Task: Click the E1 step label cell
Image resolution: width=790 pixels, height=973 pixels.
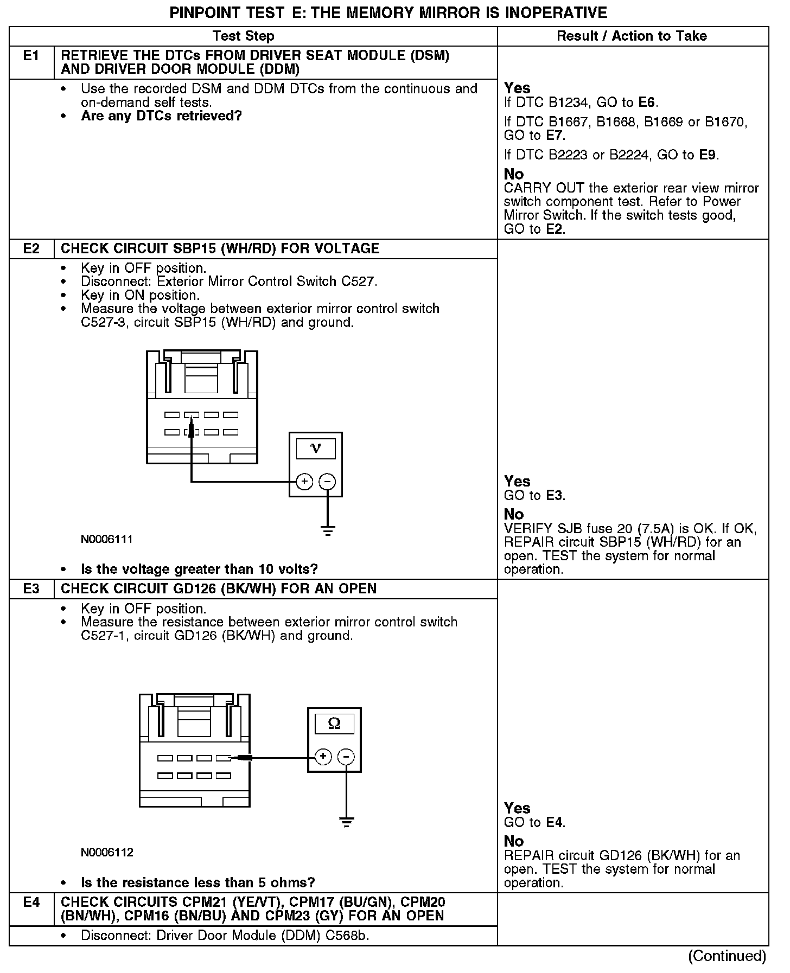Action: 31,56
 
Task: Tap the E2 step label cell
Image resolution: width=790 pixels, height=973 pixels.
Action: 31,249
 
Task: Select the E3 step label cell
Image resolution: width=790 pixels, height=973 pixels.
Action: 31,589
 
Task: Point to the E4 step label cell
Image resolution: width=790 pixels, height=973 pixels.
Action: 31,902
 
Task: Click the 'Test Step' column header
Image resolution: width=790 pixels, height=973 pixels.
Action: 244,36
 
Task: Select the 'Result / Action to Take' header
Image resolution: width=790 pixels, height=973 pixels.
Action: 632,36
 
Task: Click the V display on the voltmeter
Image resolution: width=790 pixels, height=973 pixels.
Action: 315,449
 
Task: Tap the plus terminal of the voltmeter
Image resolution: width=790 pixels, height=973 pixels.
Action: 304,481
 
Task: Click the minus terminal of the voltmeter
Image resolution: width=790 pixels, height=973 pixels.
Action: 327,481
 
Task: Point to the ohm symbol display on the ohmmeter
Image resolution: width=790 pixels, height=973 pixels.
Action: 334,724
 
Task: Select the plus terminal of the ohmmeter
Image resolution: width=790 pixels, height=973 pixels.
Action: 323,757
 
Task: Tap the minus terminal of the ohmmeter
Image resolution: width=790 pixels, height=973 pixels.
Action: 346,757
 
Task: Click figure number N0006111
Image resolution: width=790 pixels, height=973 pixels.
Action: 107,540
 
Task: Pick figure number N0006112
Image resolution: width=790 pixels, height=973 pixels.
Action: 107,853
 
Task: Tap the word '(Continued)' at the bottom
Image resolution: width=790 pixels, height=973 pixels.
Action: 727,956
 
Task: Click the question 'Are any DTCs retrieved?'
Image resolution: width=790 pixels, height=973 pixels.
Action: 161,116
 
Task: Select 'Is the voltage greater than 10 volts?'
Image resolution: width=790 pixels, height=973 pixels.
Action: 199,569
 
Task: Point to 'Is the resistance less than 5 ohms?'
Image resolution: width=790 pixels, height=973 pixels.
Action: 197,883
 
